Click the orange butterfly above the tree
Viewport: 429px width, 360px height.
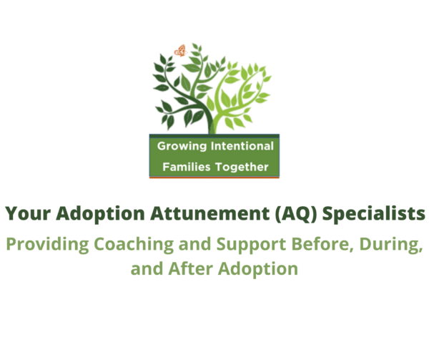pos(181,51)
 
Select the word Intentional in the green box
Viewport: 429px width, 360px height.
pos(242,146)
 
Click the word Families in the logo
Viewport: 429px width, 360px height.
pos(187,167)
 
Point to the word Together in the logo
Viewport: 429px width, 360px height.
pos(242,167)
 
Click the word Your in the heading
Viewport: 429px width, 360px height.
pos(28,213)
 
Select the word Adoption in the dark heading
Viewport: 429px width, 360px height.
pos(100,214)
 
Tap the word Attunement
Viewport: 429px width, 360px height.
pos(209,214)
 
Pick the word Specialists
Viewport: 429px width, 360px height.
pos(374,214)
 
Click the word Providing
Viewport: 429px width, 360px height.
pos(48,244)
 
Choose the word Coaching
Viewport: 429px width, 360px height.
pos(134,244)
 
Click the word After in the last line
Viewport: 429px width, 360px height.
pos(190,269)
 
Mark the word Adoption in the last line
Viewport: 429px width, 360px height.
pos(258,269)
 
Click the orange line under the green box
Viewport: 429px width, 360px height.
pos(214,177)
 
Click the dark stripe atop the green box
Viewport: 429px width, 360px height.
pos(214,136)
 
